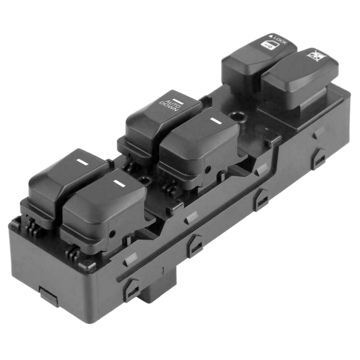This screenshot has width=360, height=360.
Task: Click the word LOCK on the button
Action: pos(280,39)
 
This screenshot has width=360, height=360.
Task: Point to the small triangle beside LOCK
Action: pos(271,36)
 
